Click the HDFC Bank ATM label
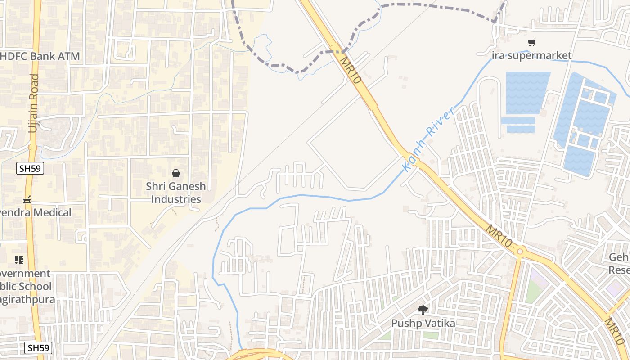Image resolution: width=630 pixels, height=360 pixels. pos(40,56)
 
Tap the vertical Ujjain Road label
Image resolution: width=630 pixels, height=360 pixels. pos(33,103)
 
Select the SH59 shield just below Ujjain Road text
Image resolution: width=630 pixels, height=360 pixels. pos(30,169)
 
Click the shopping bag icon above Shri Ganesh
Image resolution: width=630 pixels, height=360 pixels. pos(175,173)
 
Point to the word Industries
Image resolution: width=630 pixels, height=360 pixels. pos(175,199)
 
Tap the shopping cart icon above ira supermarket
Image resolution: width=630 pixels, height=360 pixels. pos(532,43)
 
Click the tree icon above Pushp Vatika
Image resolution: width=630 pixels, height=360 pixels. pos(423,310)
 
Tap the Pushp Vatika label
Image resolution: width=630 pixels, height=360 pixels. pos(423,323)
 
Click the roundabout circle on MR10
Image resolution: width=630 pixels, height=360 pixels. pos(520,251)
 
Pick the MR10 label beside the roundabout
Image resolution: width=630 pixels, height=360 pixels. pos(499,235)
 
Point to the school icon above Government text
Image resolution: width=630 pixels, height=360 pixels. pos(18,260)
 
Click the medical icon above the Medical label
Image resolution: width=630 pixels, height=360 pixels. pos(27,199)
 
